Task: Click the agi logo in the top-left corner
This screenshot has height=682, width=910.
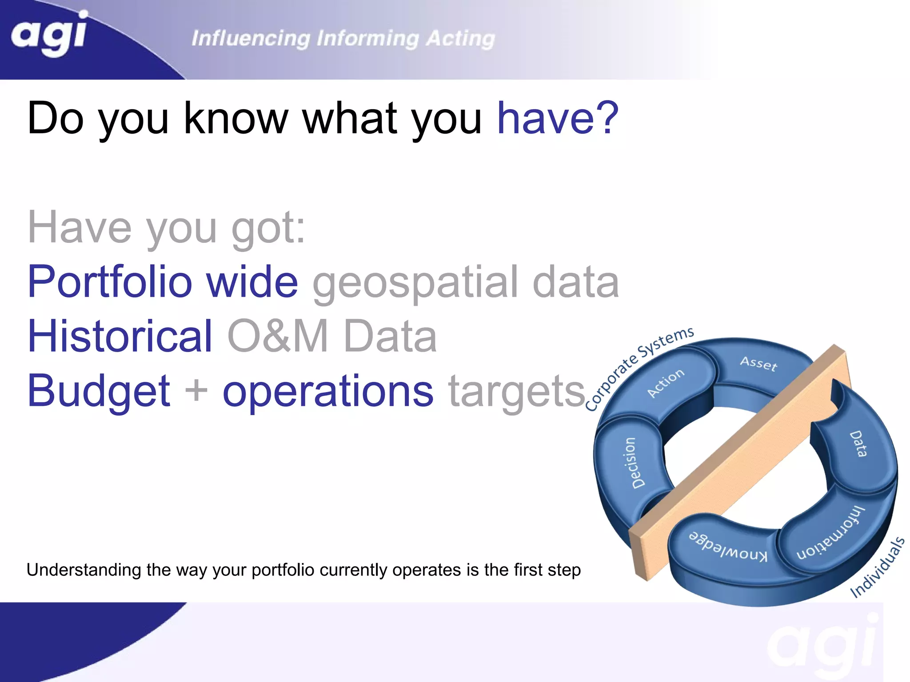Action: [x=49, y=35]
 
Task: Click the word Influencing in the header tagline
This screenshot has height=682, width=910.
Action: [x=251, y=39]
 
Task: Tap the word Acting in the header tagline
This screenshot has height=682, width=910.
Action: [x=460, y=39]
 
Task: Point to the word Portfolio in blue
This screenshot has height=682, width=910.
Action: [x=109, y=282]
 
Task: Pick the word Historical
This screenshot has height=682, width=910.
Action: [x=120, y=337]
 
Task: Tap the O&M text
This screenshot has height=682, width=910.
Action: [x=278, y=337]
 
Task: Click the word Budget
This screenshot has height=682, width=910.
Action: [x=99, y=391]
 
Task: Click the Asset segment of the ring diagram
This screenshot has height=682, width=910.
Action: [x=758, y=364]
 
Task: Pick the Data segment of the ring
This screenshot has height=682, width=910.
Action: [x=858, y=444]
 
